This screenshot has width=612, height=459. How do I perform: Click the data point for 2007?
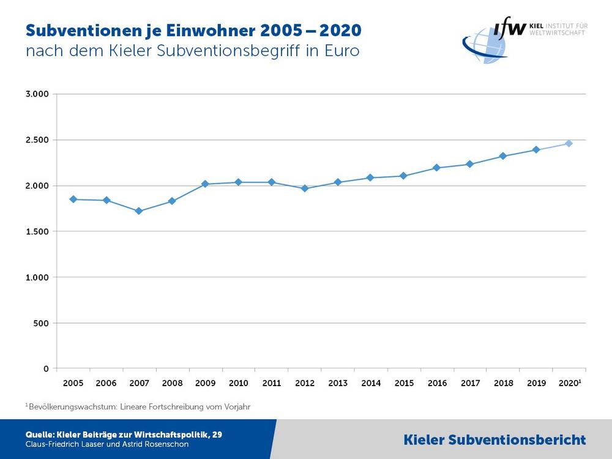point(139,211)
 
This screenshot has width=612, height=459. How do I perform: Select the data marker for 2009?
point(205,184)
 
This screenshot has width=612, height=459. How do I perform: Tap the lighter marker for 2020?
point(569,143)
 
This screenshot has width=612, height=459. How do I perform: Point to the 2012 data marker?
point(304,188)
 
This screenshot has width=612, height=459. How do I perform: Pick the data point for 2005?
point(73,199)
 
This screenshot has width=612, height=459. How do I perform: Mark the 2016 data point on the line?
point(436,168)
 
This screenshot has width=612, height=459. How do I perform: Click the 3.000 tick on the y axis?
point(37,94)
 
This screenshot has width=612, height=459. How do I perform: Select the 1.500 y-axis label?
point(37,231)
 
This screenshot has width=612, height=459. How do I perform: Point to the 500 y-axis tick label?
point(41,323)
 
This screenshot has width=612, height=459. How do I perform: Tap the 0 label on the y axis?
point(47,368)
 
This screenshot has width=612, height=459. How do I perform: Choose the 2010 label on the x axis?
point(238,383)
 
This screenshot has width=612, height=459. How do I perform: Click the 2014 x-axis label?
point(371,383)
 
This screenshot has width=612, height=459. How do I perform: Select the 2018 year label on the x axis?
point(503,383)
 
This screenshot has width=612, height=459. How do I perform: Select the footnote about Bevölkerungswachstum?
point(138,406)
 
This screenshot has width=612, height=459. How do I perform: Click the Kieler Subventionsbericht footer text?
point(494,439)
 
